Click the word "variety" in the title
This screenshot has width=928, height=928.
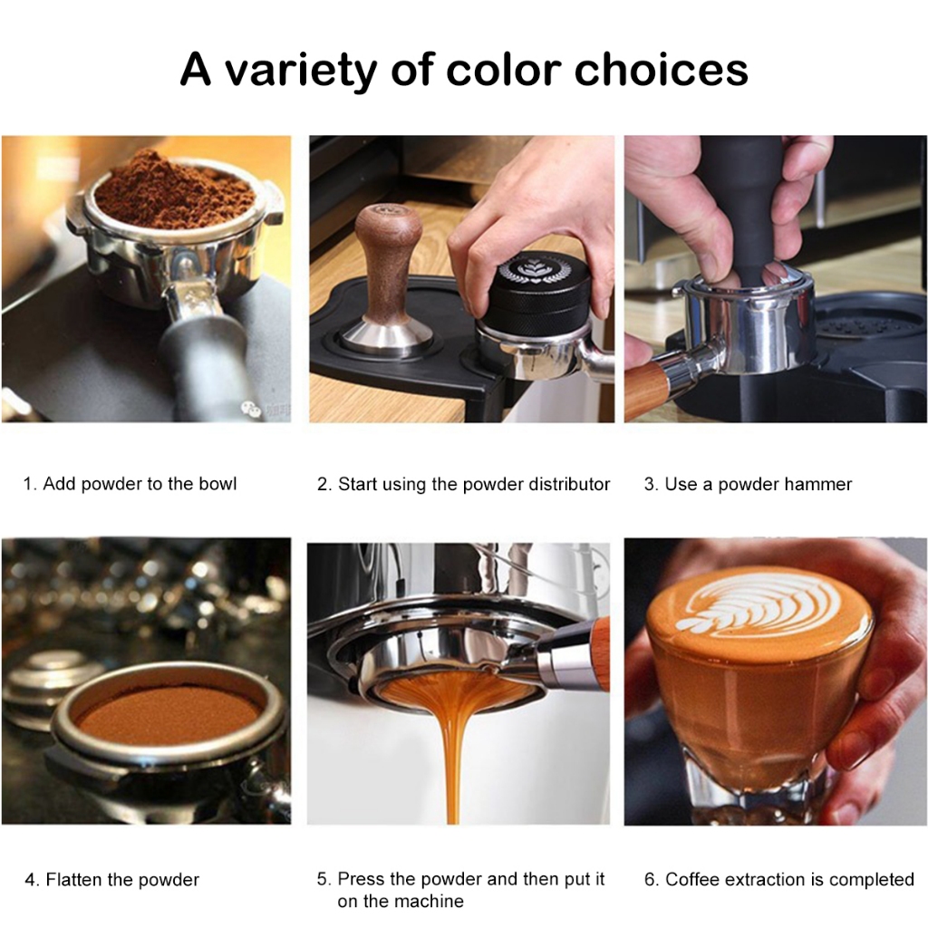[301, 71]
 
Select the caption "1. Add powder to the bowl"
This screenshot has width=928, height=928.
[130, 484]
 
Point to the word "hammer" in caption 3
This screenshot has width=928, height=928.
[818, 484]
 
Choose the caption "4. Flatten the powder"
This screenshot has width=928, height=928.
[111, 879]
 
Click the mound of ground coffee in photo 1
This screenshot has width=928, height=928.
[175, 189]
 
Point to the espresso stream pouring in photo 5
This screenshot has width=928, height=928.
[454, 751]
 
